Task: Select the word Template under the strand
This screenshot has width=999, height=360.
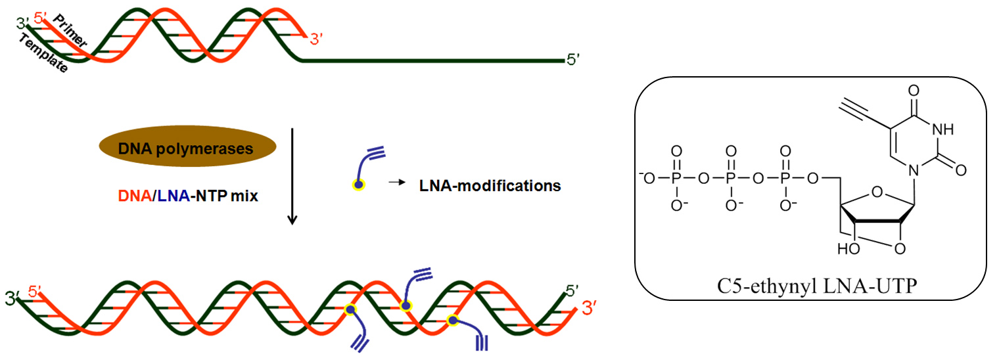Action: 43,54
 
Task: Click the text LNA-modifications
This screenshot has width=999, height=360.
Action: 490,186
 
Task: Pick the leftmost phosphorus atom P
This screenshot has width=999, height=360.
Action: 675,177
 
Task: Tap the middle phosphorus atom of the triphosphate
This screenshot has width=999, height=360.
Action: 729,177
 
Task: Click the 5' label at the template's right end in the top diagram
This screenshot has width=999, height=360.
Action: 573,60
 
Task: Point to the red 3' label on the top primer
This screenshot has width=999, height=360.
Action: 317,40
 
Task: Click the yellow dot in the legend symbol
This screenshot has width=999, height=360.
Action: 358,186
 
